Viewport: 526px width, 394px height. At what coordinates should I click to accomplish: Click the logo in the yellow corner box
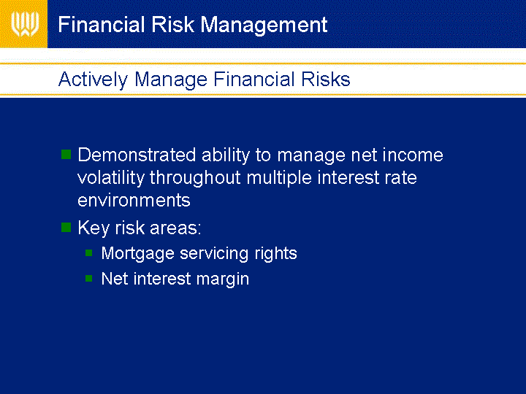25,24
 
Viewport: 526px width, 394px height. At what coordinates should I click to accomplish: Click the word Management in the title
264,25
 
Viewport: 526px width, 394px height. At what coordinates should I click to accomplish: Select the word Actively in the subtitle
93,80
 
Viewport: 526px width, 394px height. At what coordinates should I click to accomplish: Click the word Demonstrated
137,155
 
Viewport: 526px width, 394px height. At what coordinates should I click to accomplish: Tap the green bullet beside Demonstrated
66,155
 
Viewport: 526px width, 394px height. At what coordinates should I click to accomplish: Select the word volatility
111,178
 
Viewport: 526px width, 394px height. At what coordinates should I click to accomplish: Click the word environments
134,201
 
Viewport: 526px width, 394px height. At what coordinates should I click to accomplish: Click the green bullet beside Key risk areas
66,228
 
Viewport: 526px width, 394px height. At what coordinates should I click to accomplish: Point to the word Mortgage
138,254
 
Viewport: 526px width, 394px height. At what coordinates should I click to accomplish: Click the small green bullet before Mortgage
89,252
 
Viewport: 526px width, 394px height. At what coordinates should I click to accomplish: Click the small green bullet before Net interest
89,278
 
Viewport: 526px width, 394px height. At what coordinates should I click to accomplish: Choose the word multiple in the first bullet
279,178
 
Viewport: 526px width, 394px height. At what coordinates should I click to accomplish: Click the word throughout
195,178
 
